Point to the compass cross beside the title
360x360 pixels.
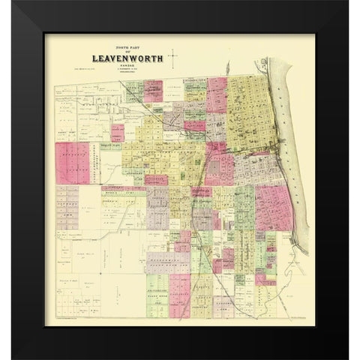pyautogui.click(x=173, y=55)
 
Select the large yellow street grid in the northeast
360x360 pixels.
pyautogui.click(x=251, y=112)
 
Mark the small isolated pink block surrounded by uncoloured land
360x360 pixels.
pyautogui.click(x=118, y=133)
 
